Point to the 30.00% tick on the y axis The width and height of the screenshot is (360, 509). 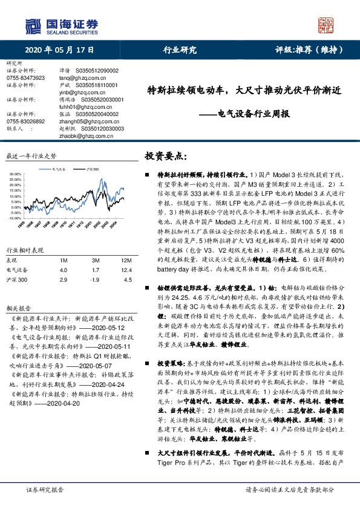click(16, 174)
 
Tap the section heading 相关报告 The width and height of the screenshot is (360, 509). click(18, 307)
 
